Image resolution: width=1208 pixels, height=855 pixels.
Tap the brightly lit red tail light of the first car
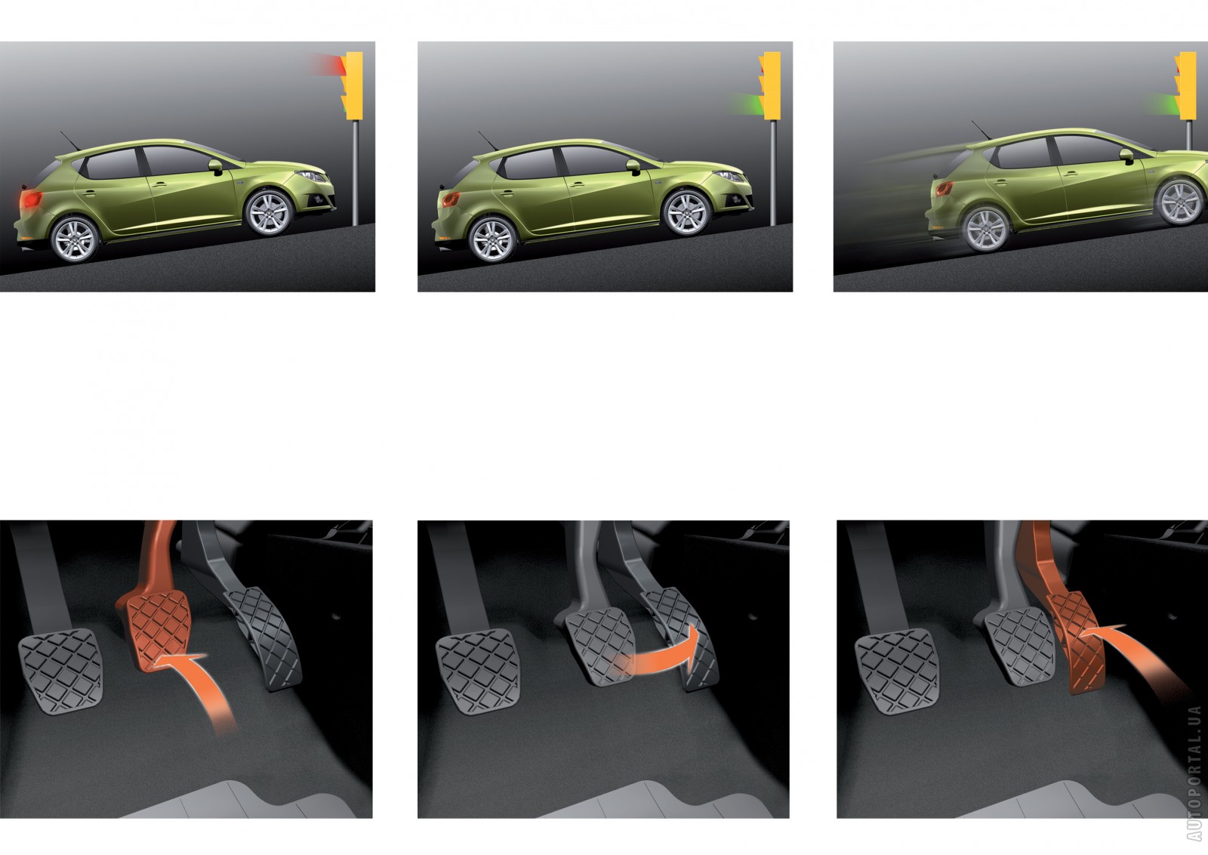30,200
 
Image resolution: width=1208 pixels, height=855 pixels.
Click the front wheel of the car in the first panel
269,212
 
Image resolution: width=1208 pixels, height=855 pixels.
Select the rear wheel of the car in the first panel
75,239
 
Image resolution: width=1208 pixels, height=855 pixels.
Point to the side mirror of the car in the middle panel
633,167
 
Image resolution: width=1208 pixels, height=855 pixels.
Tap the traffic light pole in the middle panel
773,173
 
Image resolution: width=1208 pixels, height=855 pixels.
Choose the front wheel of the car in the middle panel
687,212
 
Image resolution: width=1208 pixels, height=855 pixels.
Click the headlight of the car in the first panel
311,176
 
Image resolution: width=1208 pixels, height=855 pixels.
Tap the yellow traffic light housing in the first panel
353,86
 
